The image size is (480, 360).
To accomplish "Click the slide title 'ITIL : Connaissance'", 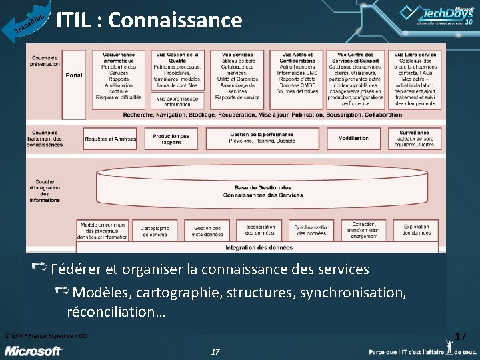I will pos(149,21).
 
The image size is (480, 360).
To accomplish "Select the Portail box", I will pos(74,75).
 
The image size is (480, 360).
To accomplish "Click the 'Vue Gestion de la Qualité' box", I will pos(177,69).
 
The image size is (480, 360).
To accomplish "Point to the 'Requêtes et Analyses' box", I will pos(111,139).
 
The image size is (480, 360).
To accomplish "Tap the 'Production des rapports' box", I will pos(171,139).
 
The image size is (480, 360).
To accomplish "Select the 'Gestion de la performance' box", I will pos(262,138).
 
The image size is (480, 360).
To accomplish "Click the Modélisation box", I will pos(353,138).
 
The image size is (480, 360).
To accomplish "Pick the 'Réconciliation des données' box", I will pos(259,231).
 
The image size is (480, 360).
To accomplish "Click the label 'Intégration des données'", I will pos(259,248).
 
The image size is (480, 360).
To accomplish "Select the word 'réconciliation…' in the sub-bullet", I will pos(117,312).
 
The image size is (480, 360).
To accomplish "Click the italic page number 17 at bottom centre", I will pos(215,351).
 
